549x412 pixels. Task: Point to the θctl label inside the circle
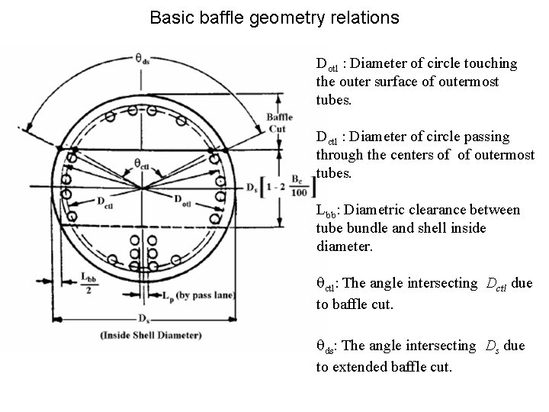click(142, 163)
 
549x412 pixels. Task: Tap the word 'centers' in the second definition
click(422, 155)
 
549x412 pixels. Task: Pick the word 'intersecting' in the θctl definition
click(441, 283)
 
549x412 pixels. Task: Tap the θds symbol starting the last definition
click(326, 347)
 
